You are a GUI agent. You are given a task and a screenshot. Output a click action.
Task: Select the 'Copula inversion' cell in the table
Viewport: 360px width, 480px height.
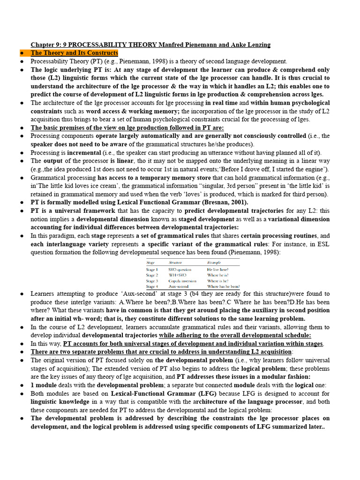click(x=183, y=281)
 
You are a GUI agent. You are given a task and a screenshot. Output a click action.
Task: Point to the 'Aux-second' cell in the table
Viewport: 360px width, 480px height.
click(x=180, y=286)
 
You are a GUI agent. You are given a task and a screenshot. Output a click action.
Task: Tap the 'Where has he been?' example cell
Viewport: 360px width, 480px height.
click(x=224, y=286)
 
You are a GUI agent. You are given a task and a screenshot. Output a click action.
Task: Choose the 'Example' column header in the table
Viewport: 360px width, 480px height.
click(x=215, y=262)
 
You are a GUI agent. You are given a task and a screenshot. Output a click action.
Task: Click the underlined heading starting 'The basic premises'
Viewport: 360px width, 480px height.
click(x=127, y=127)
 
